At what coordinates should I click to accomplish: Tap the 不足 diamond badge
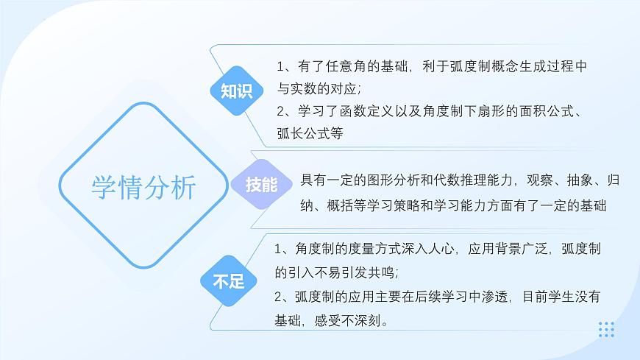click(x=228, y=280)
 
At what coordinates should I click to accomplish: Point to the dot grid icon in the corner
click(x=606, y=329)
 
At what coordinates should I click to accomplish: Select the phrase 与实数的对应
click(x=317, y=89)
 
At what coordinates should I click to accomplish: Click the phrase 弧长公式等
click(x=310, y=134)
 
